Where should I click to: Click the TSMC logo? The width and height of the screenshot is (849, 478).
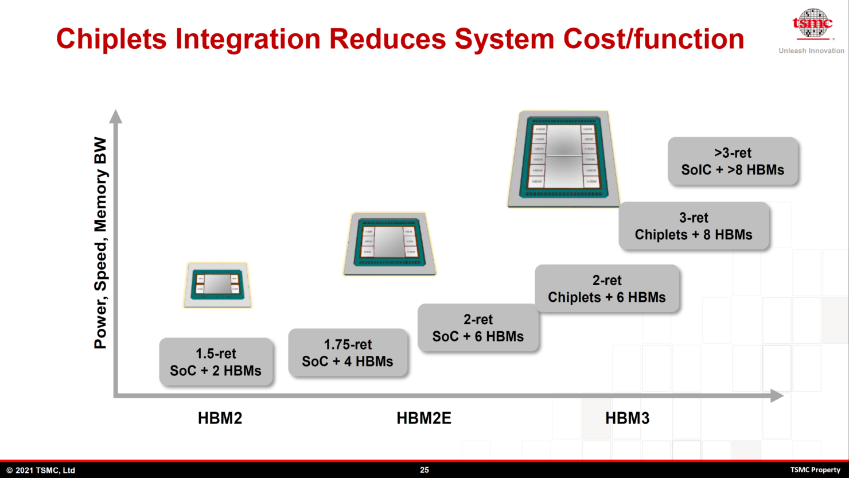coord(812,24)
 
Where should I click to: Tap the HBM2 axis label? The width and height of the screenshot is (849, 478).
coord(220,418)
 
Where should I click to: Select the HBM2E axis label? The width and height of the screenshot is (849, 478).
coord(423,418)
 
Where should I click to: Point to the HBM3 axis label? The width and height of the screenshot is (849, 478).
coord(627,418)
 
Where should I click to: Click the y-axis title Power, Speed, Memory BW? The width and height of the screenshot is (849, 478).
coord(101,243)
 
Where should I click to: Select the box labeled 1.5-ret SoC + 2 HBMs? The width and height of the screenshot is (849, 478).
coord(216,362)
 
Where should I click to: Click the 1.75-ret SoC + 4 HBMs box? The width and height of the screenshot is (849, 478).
coord(348,353)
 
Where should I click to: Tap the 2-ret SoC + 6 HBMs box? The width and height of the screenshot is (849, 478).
coord(478,328)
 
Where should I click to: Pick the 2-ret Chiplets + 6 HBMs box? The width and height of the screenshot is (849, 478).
coord(607,289)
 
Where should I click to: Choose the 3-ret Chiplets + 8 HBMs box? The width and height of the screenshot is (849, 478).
coord(694,226)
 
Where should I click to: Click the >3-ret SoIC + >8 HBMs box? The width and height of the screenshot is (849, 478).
coord(733,161)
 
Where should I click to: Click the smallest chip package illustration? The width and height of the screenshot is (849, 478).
coord(217,285)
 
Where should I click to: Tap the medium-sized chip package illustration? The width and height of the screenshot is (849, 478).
coord(390,243)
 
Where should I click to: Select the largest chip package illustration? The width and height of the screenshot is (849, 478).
coord(563,158)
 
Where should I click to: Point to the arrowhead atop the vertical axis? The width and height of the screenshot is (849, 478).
coord(116,116)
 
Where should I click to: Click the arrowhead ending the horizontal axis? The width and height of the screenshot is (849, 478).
coord(777,395)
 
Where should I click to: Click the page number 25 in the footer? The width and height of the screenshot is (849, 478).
coord(424,470)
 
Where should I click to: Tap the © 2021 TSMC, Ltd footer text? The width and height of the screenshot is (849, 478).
coord(41,470)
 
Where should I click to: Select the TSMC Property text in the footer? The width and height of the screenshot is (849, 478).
coord(815,470)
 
